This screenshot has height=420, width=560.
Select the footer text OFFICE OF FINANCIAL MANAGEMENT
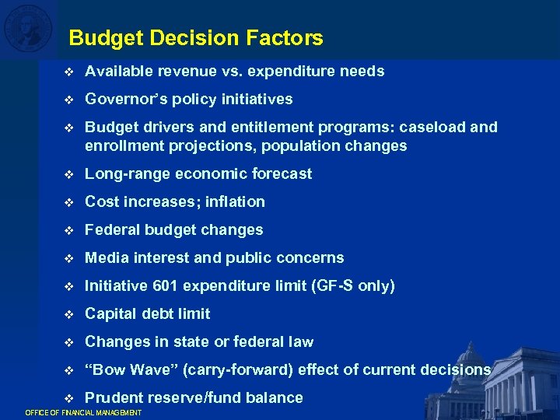pyautogui.click(x=84, y=412)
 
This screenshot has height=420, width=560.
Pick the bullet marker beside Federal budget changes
pyautogui.click(x=68, y=230)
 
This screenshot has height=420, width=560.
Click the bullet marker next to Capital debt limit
pyautogui.click(x=68, y=314)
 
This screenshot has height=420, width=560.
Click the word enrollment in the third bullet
pyautogui.click(x=122, y=146)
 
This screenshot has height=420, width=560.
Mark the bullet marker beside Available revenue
pyautogui.click(x=68, y=72)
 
